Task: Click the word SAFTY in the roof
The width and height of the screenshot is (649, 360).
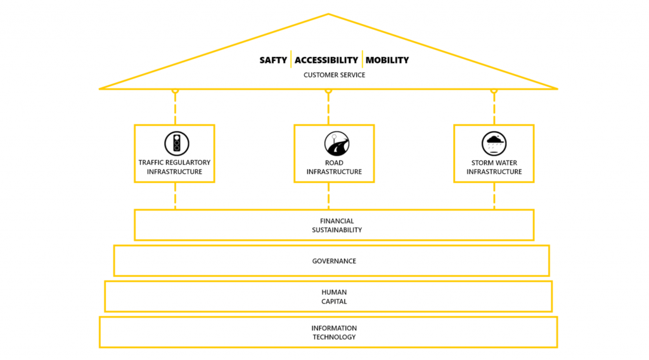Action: point(273,60)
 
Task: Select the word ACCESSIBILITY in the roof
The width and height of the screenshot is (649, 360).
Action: point(326,60)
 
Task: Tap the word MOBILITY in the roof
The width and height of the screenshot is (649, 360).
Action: point(387,60)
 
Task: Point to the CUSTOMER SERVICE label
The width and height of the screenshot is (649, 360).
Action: point(334,75)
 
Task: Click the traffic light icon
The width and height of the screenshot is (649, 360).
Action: point(177,143)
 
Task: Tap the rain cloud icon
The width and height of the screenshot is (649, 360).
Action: point(494,144)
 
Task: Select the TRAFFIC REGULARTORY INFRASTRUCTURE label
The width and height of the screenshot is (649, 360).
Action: point(174,167)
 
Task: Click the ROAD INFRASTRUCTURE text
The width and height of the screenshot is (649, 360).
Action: point(334,167)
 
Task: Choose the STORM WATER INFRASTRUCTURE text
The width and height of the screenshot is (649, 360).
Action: point(494,167)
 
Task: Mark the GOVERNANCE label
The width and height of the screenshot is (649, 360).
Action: point(334,261)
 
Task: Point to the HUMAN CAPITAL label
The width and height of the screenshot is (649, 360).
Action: point(334,297)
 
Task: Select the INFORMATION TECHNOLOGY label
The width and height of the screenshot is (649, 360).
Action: point(334,333)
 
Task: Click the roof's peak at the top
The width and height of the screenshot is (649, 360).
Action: point(328,14)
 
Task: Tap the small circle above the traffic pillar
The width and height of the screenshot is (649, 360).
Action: point(175,91)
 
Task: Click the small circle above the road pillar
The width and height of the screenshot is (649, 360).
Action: point(328,91)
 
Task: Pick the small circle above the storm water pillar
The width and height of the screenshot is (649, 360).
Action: point(494,91)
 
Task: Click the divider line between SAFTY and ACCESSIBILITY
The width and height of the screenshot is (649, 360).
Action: point(291,60)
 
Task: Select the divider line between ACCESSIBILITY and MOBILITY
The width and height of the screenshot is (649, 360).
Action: point(362,60)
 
